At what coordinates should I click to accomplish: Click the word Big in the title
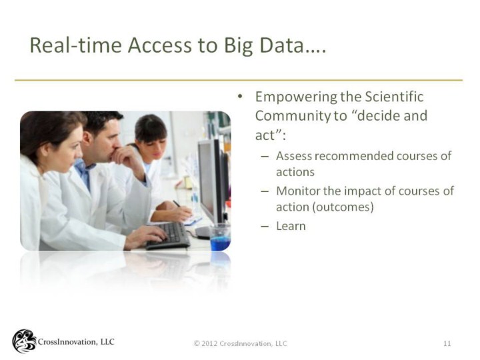click(x=239, y=45)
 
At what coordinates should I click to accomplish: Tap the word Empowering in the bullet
click(x=295, y=97)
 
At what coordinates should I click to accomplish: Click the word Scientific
click(x=394, y=97)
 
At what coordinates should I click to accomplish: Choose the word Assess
click(x=293, y=156)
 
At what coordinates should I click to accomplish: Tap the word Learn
click(x=291, y=226)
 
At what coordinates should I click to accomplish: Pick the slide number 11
click(x=447, y=343)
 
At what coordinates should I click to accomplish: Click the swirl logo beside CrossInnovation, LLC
click(x=24, y=341)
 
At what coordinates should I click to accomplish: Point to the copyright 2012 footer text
click(x=240, y=343)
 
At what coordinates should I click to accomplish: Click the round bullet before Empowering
click(x=240, y=97)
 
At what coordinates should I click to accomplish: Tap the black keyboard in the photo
click(x=169, y=236)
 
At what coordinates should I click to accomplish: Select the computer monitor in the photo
click(x=211, y=181)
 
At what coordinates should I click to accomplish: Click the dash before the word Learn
click(x=265, y=227)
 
